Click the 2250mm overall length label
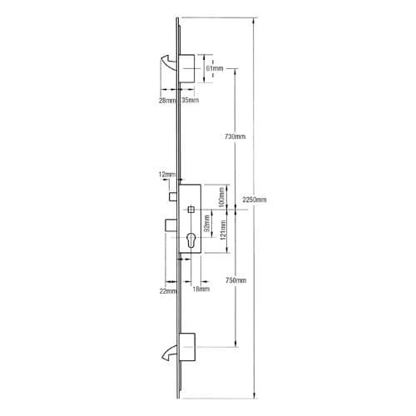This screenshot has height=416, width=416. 254,201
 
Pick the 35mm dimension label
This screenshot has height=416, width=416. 189,101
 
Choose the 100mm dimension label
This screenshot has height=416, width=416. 220,197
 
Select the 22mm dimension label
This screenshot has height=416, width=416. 169,290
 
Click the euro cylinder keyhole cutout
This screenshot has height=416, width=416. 191,245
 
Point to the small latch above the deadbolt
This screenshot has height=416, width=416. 170,201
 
